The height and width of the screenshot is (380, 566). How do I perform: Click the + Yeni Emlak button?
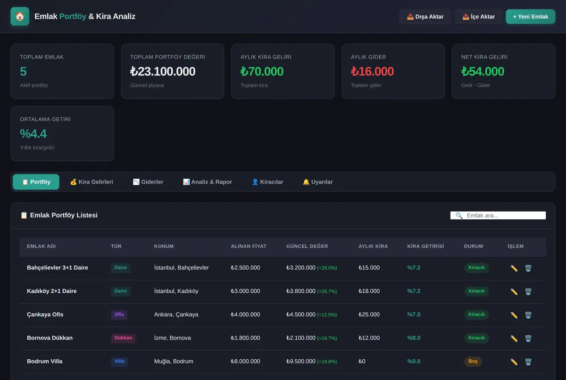pos(530,17)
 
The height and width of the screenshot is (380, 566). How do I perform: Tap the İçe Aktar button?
pos(478,17)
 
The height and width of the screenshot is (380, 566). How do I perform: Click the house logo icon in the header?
pos(20,17)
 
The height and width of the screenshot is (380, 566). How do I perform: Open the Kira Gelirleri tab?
pos(92,182)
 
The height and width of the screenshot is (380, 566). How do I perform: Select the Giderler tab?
pos(148,182)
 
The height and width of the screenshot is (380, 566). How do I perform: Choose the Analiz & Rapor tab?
pos(207,182)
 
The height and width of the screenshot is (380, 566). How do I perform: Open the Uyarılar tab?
pos(317,182)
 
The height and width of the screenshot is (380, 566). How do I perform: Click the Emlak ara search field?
pos(498,215)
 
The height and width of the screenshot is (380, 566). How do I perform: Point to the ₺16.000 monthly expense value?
pos(372,72)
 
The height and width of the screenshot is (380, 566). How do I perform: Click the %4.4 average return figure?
pos(33,133)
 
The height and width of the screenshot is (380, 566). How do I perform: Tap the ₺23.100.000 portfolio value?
pos(163,72)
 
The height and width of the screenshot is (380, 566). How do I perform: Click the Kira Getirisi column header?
pos(425,246)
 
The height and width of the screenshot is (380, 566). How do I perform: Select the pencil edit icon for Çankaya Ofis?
pos(514,315)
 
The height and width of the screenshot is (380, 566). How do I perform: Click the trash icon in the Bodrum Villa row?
pos(528,362)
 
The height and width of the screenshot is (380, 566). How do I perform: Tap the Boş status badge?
pos(473,361)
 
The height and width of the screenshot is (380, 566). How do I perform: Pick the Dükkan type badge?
pos(123,338)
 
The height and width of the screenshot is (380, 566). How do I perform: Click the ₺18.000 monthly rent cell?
pos(369,291)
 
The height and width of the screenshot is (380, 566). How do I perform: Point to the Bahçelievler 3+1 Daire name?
pos(58,268)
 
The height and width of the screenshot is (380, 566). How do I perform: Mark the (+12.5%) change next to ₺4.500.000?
pos(327,315)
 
